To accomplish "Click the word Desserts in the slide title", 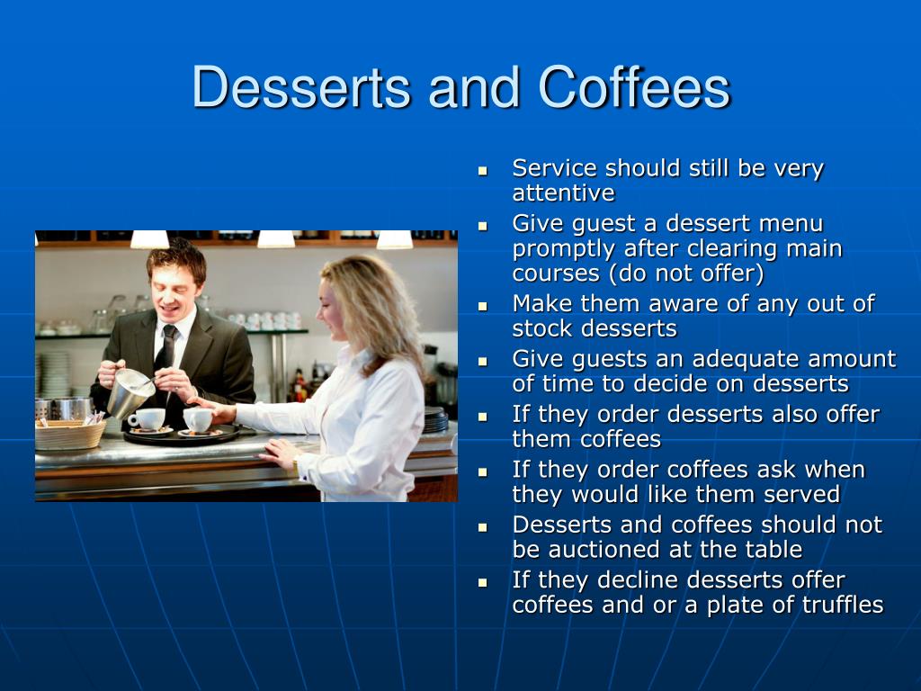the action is [x=301, y=87].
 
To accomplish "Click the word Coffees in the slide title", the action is [x=634, y=86].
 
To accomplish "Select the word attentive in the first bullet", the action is [x=563, y=193].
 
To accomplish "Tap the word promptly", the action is [x=564, y=249].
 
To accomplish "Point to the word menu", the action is [x=791, y=224].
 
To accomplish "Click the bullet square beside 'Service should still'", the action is [x=483, y=171].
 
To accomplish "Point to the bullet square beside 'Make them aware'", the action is [x=483, y=307].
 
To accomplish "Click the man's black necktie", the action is [x=165, y=358].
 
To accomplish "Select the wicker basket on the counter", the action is [x=70, y=435].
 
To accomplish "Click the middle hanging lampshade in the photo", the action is [x=276, y=239].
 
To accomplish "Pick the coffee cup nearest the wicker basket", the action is [x=148, y=419].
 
